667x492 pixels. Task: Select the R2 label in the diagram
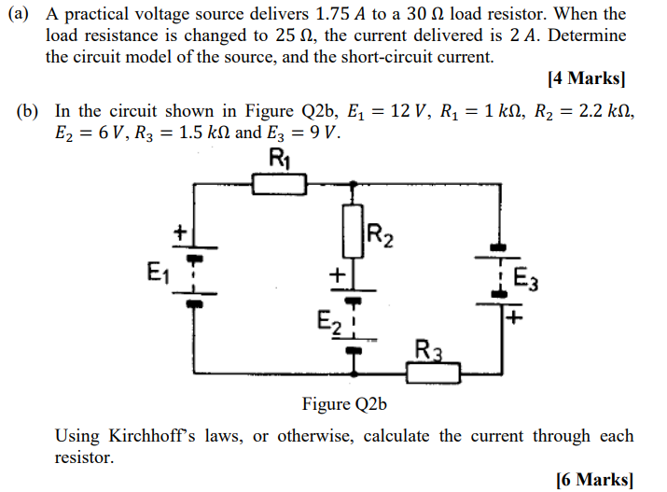click(x=381, y=235)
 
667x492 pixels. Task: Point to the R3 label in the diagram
click(x=428, y=352)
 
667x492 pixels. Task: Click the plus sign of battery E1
click(x=184, y=231)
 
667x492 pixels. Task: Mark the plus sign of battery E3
click(x=514, y=317)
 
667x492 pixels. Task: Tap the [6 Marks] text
click(x=593, y=480)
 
